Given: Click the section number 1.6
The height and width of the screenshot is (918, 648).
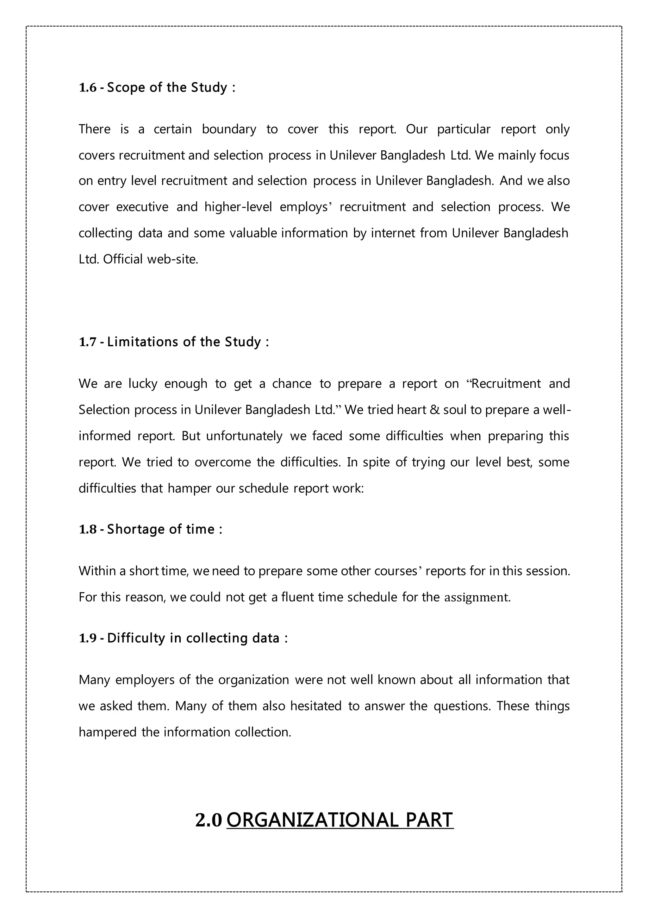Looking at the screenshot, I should click(88, 88).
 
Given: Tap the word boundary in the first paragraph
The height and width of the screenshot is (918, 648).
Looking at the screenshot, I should click(229, 129).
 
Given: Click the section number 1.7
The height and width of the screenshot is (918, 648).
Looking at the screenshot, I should click(88, 342).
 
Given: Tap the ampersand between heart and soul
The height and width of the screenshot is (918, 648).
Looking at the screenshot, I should click(434, 410).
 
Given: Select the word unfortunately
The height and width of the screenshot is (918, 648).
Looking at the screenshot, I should click(244, 436).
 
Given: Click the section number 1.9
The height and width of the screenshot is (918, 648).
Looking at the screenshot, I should click(88, 638).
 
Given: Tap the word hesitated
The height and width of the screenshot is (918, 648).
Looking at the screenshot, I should click(316, 706).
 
